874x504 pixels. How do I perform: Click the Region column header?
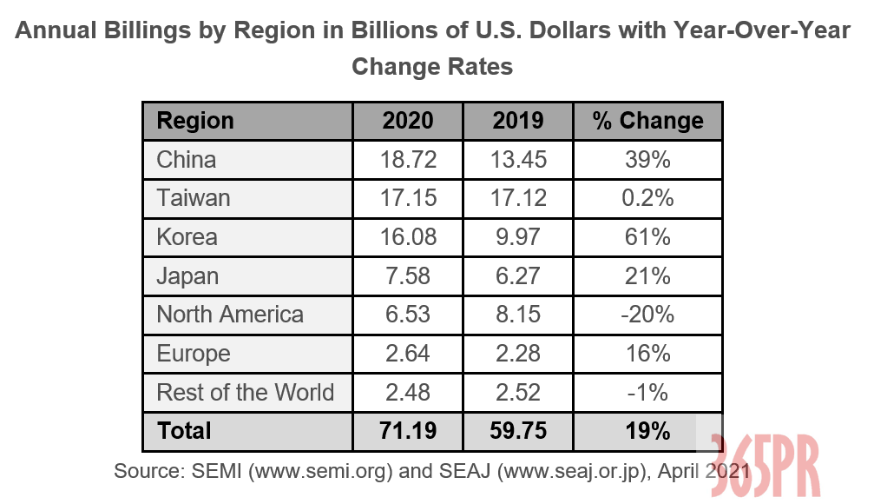pos(195,121)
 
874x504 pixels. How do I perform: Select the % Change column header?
pos(647,121)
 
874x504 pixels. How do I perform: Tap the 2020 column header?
pos(408,121)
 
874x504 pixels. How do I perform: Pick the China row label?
pos(187,160)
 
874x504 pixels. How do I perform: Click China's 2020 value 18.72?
pos(408,160)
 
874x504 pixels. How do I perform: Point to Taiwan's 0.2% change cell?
pos(647,198)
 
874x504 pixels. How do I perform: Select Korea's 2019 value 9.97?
pos(518,237)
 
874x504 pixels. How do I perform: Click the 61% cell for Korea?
pos(647,237)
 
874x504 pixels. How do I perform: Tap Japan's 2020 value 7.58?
pos(408,276)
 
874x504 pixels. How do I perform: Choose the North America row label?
pos(230,315)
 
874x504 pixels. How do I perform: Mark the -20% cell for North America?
pos(647,315)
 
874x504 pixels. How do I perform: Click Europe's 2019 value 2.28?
pos(518,354)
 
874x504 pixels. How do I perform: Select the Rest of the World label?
pos(245,392)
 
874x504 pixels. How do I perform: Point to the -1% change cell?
pos(647,392)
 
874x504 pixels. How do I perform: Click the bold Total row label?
pos(184,430)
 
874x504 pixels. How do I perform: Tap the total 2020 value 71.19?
pos(408,430)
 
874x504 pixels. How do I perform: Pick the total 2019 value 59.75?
pos(518,430)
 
